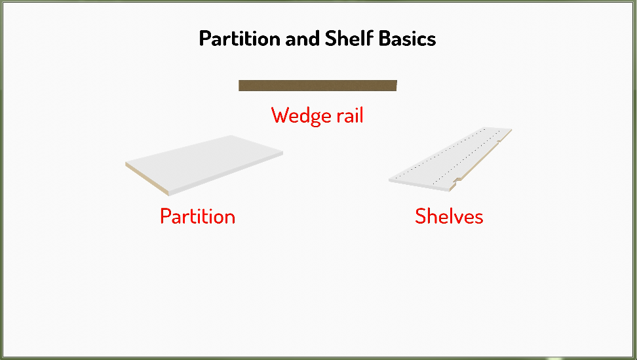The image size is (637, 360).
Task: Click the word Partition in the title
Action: (x=240, y=39)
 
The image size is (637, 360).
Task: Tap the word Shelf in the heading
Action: (x=349, y=38)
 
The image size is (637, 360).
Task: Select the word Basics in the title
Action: (x=408, y=39)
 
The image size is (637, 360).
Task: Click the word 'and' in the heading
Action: (x=303, y=39)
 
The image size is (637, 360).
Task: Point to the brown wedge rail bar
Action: (x=318, y=85)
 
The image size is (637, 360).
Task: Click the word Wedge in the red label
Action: (x=301, y=116)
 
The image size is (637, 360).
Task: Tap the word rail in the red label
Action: (x=350, y=115)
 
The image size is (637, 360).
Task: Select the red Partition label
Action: (x=198, y=216)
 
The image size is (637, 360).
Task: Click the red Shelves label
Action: (x=449, y=216)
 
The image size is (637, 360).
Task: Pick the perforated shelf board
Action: (x=450, y=159)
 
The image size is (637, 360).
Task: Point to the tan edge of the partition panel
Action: (x=147, y=179)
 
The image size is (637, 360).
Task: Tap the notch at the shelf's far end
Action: (x=500, y=140)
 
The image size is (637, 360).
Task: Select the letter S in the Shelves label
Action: (x=421, y=216)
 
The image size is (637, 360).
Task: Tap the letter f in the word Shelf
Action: (x=370, y=38)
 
